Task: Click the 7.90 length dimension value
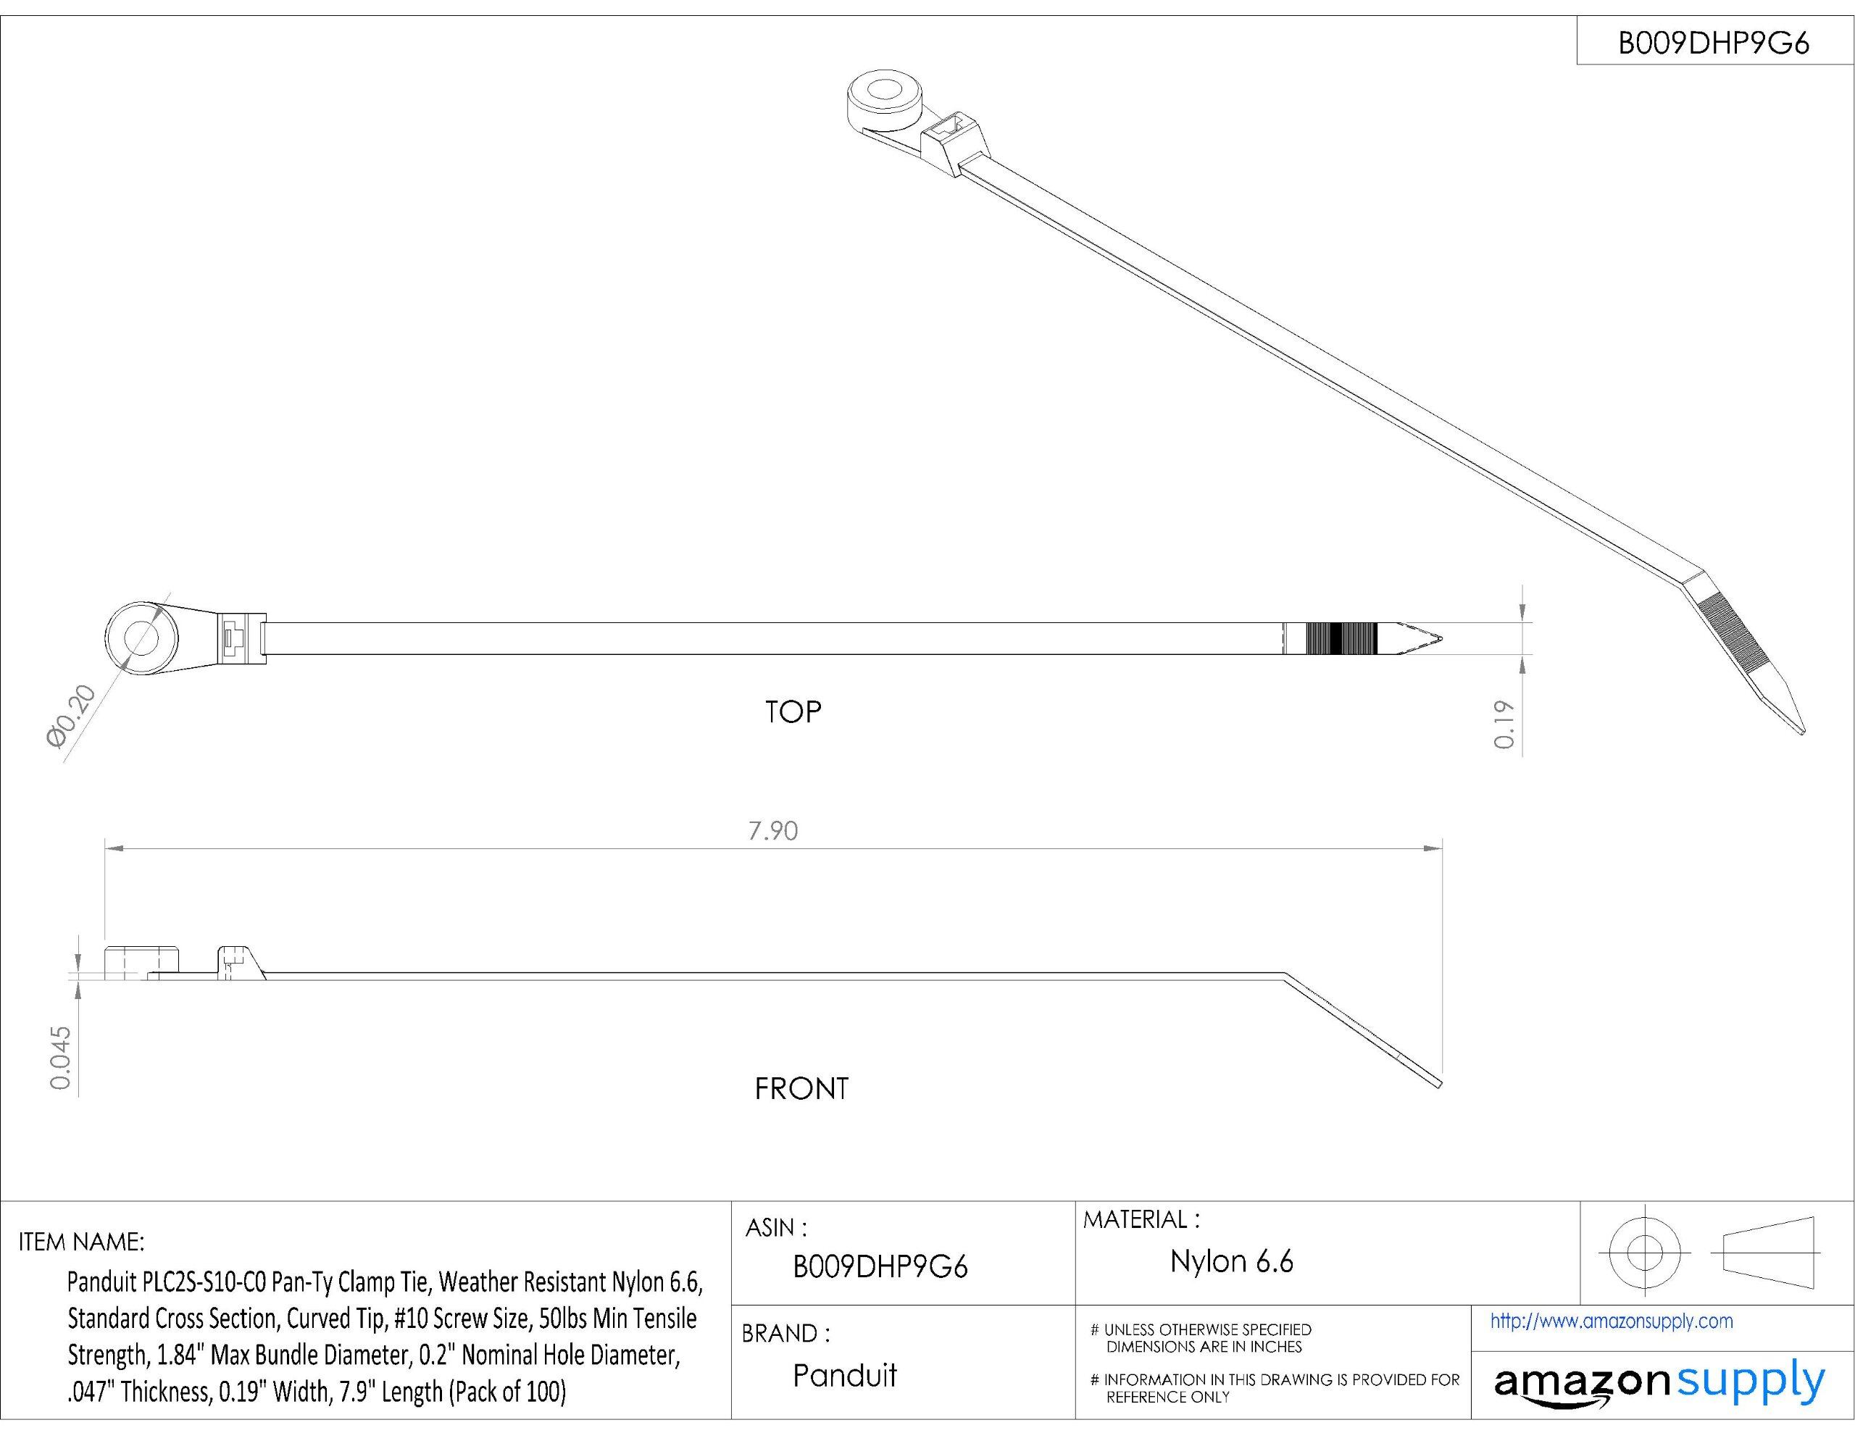(x=773, y=831)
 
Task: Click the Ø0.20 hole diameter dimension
(x=73, y=717)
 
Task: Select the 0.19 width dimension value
(x=1504, y=724)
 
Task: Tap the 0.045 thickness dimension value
(x=60, y=1058)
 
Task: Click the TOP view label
(x=793, y=712)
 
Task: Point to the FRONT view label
(x=801, y=1089)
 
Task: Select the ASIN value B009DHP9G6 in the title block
(x=880, y=1267)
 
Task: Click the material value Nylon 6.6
(x=1232, y=1261)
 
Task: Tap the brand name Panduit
(x=844, y=1375)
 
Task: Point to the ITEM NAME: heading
(x=82, y=1242)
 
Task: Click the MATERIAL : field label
(x=1141, y=1220)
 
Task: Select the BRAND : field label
(x=785, y=1333)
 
